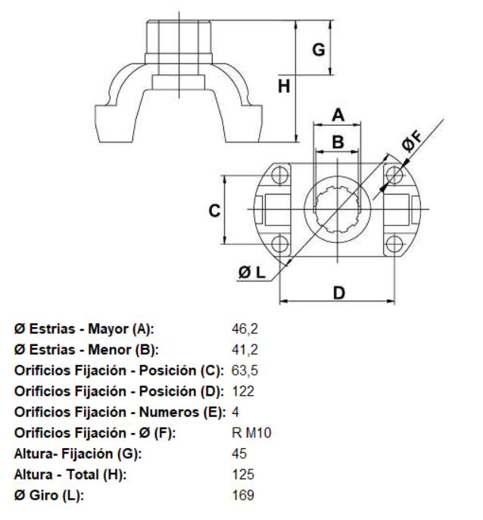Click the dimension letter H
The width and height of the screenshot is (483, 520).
click(x=285, y=87)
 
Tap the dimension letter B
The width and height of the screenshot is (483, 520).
click(x=338, y=142)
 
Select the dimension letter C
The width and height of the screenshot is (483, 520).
click(x=214, y=211)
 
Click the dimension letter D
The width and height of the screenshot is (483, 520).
click(x=339, y=292)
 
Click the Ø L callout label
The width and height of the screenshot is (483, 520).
click(x=252, y=272)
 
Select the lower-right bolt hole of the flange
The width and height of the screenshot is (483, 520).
click(x=394, y=244)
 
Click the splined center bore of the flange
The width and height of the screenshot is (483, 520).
click(x=338, y=210)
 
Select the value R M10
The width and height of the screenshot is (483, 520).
click(x=252, y=433)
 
